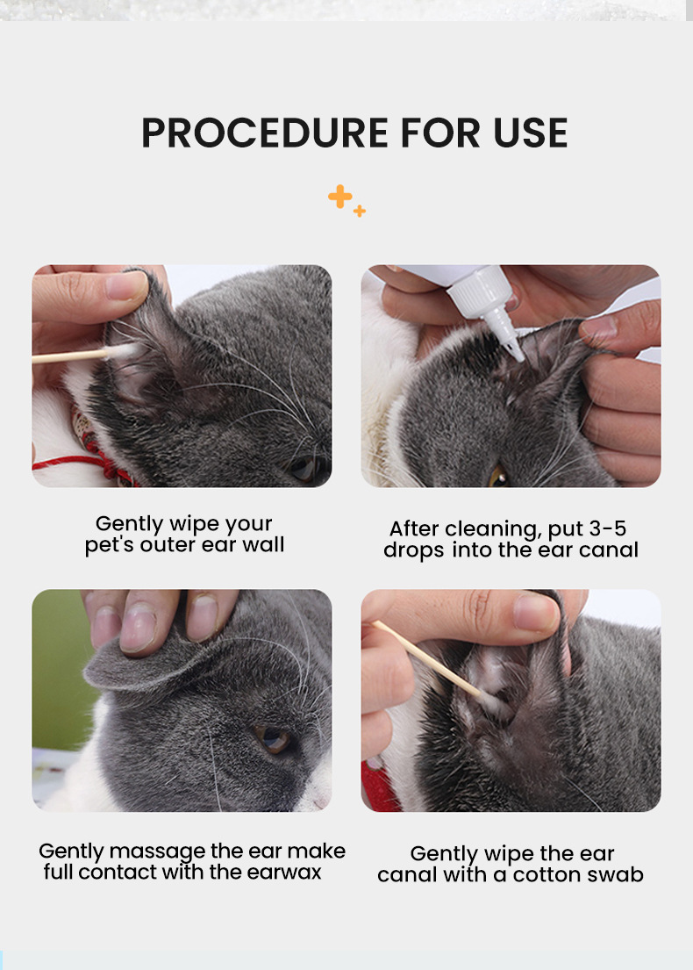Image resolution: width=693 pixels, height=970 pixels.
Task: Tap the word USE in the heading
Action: pos(531,133)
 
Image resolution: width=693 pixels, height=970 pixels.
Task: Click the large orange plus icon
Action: pos(340,196)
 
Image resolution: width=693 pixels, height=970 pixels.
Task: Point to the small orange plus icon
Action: pos(359,211)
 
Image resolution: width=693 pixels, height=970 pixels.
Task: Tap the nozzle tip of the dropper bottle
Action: pos(518,353)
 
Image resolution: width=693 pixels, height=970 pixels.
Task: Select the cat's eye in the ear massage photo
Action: pos(273,738)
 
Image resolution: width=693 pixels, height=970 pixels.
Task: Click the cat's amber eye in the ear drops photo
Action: pos(498,477)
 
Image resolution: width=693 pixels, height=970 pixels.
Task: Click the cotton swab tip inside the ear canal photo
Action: pos(490,702)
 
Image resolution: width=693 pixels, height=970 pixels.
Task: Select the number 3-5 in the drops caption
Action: pos(608,528)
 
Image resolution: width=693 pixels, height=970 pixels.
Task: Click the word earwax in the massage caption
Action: pos(284,873)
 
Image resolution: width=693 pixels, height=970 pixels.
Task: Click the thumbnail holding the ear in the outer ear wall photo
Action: pos(126,286)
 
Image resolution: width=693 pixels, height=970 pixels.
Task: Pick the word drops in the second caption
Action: pos(413,550)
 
